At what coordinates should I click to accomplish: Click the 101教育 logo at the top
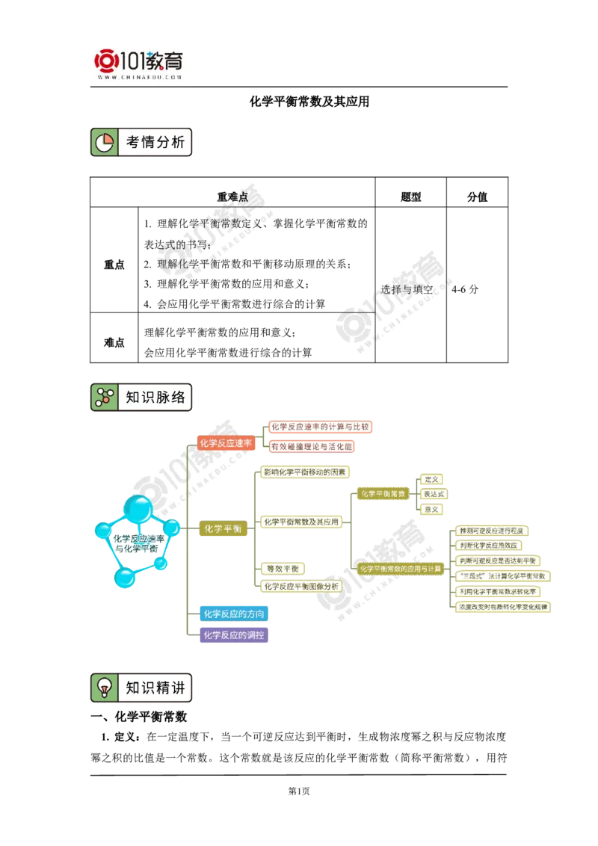click(141, 63)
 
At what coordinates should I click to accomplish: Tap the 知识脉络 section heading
click(155, 398)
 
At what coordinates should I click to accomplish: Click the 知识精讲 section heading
click(155, 688)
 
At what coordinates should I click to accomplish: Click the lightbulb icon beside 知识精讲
click(104, 688)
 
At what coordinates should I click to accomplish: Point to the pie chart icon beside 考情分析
click(104, 142)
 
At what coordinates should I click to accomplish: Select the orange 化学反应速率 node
click(226, 443)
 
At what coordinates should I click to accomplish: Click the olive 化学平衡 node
click(223, 528)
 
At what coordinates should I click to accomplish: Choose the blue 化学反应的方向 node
click(233, 614)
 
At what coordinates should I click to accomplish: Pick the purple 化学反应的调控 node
click(233, 635)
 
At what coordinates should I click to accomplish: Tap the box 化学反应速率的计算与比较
click(320, 427)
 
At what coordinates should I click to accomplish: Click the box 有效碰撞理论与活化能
click(311, 446)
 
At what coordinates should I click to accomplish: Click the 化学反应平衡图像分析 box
click(301, 587)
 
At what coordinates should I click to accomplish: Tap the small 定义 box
click(432, 479)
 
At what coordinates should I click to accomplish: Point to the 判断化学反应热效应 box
click(488, 546)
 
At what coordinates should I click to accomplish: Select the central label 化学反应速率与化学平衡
click(138, 543)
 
